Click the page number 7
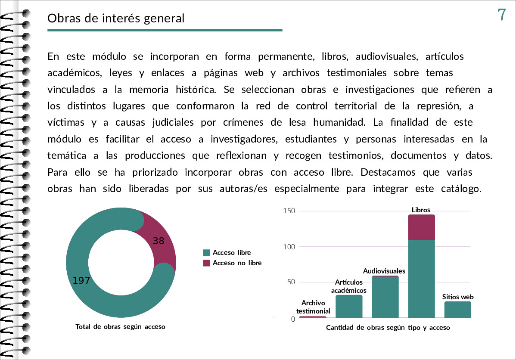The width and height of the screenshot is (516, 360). [501, 15]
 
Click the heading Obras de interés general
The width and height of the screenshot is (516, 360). [116, 19]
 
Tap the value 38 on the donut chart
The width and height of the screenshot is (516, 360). [158, 241]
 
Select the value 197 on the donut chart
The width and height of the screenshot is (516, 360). [81, 280]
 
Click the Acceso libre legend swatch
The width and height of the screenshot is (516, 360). [207, 253]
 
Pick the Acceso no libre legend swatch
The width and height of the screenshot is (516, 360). [207, 263]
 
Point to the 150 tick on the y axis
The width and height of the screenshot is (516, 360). [289, 211]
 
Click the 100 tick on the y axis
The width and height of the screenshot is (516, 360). [289, 247]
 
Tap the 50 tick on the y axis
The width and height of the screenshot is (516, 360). [291, 282]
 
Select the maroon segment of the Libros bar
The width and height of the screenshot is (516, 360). [421, 227]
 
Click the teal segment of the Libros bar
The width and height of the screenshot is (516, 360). [421, 279]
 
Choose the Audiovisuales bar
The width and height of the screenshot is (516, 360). [385, 297]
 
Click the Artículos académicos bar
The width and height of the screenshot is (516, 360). [349, 306]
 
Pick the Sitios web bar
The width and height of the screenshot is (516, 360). [458, 310]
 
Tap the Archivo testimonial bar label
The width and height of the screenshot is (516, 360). [313, 307]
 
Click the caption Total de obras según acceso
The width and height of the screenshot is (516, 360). [121, 327]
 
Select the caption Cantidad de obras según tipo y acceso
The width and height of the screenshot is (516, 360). [388, 327]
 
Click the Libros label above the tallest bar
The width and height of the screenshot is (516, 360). [421, 210]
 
